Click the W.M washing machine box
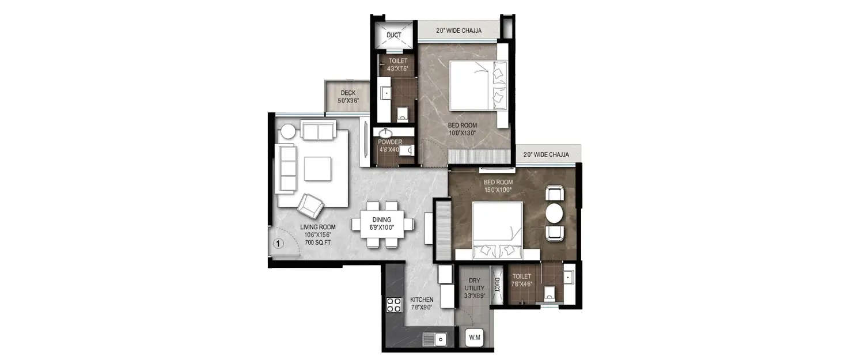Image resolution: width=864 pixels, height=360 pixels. pos(474,337)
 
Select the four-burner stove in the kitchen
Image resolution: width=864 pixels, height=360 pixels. pos(394,305)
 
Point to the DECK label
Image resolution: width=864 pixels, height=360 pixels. pos(348,93)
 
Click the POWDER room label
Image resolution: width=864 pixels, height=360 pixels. pos(390,142)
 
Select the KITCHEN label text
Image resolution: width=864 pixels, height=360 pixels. pos(422,300)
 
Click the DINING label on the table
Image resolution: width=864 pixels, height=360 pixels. pos(381,219)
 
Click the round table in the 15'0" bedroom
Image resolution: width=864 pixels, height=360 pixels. pos(555,214)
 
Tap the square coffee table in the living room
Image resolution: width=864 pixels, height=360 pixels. pos(318,169)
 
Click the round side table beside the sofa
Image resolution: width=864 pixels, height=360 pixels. pos(288,131)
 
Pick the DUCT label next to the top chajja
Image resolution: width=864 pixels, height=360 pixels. pos(394,35)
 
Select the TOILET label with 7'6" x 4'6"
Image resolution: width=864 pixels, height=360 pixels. pos(521,276)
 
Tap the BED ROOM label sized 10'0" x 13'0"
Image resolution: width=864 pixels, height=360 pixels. pos(463,125)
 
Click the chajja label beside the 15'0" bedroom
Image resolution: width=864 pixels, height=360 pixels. pos(546,154)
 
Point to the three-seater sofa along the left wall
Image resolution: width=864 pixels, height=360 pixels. pos(286,168)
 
